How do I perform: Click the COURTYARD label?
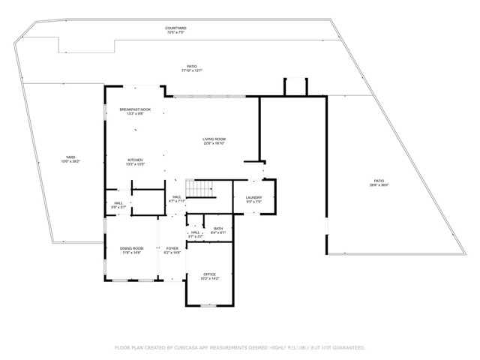pyautogui.click(x=175, y=28)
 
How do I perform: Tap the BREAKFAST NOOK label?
pyautogui.click(x=135, y=110)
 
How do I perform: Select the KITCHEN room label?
pyautogui.click(x=135, y=159)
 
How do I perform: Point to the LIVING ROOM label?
pyautogui.click(x=214, y=139)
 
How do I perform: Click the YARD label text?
pyautogui.click(x=70, y=157)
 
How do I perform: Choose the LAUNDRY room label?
pyautogui.click(x=253, y=197)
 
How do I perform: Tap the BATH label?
pyautogui.click(x=217, y=229)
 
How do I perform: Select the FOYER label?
pyautogui.click(x=172, y=248)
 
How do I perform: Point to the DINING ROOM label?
pyautogui.click(x=131, y=248)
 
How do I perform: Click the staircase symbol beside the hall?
pyautogui.click(x=199, y=189)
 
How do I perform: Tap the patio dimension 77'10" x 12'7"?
pyautogui.click(x=192, y=70)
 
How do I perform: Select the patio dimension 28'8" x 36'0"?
pyautogui.click(x=379, y=185)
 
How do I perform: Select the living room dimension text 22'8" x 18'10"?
pyautogui.click(x=214, y=143)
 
